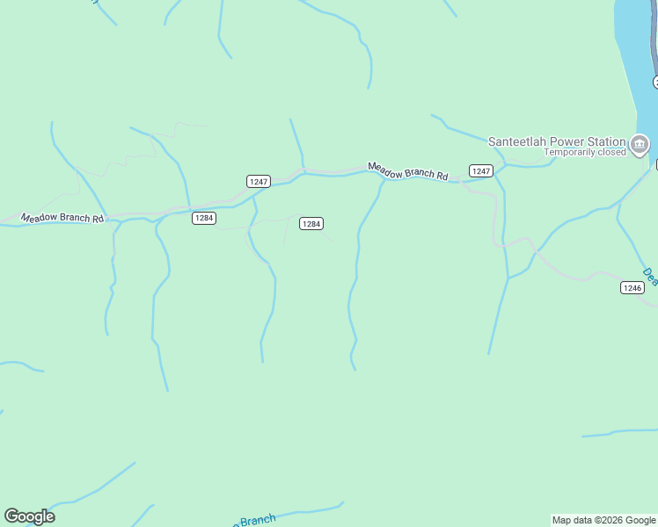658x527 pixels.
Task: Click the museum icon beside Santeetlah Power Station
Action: click(x=640, y=143)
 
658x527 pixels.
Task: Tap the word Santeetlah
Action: click(x=515, y=141)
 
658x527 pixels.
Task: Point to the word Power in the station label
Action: click(x=565, y=141)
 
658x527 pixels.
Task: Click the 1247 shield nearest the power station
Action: click(x=480, y=170)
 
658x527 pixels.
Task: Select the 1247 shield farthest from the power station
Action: click(x=258, y=181)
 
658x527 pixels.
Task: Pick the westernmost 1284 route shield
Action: click(x=203, y=218)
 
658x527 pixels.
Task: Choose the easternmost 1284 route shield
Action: click(x=311, y=224)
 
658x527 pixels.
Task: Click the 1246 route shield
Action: click(x=632, y=287)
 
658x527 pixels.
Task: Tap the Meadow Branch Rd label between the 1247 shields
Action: click(x=407, y=171)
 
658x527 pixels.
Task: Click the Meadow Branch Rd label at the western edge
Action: click(x=62, y=217)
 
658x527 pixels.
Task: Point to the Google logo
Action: click(x=29, y=516)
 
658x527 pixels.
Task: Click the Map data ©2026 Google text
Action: click(x=603, y=520)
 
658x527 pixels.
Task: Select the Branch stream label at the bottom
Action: click(x=256, y=521)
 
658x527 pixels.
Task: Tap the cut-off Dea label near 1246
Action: click(x=650, y=277)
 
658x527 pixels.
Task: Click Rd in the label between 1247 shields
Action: click(x=442, y=177)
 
